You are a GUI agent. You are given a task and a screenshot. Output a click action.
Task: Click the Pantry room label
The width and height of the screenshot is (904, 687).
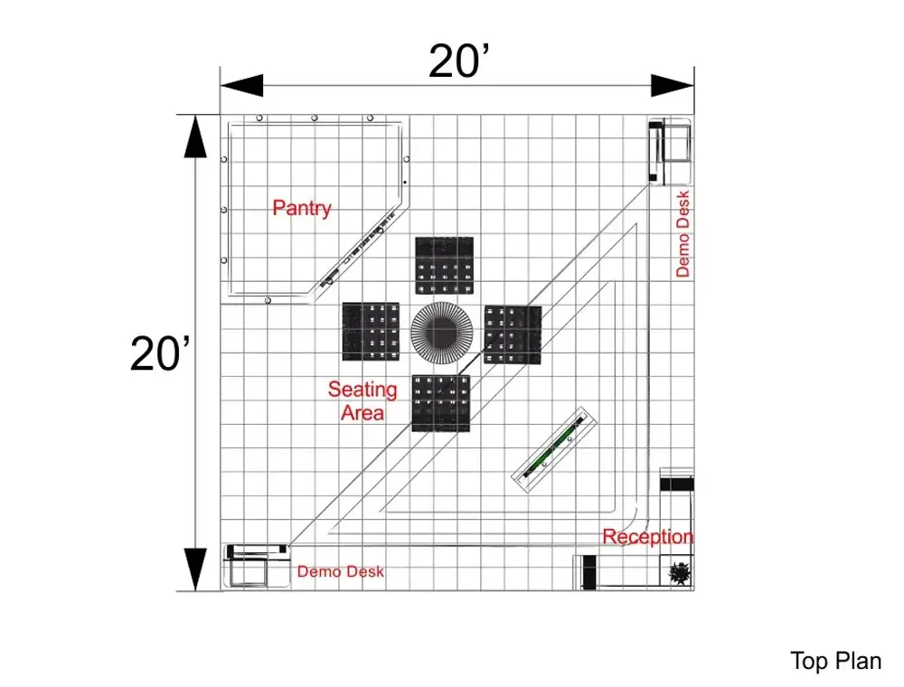click(302, 208)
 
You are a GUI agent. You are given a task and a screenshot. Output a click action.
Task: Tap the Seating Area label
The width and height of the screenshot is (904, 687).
click(363, 401)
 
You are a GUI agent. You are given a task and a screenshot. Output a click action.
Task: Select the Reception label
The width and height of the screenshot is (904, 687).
click(647, 537)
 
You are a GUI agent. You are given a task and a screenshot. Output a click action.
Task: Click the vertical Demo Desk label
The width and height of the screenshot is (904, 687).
click(683, 234)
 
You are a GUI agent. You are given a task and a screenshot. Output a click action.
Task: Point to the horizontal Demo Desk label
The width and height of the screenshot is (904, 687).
click(340, 571)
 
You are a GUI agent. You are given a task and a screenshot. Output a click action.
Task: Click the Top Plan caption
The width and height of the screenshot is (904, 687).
click(835, 661)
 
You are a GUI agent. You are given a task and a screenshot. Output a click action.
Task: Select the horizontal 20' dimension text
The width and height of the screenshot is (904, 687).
click(459, 61)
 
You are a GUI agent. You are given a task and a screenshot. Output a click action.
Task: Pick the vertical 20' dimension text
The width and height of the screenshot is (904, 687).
click(160, 353)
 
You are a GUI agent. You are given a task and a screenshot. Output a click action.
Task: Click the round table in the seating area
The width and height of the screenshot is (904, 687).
click(442, 333)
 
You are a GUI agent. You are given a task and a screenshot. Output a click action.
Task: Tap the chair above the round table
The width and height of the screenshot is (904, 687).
click(445, 266)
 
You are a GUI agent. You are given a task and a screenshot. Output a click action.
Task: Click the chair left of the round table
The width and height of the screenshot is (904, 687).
click(371, 332)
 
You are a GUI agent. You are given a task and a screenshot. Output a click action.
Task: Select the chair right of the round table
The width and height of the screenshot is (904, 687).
click(513, 334)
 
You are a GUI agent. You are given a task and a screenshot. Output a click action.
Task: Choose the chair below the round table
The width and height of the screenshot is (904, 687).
click(441, 403)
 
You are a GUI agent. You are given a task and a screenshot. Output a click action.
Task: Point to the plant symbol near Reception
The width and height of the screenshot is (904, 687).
click(680, 573)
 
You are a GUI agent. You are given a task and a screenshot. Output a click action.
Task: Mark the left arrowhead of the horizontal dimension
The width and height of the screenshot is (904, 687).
click(242, 86)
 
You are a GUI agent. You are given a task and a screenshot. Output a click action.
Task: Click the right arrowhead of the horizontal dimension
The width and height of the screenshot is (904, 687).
click(673, 86)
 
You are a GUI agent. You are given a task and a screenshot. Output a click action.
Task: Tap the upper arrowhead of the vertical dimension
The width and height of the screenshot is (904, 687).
click(195, 136)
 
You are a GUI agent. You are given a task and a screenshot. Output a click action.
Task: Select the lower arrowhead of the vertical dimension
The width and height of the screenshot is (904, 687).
click(195, 569)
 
